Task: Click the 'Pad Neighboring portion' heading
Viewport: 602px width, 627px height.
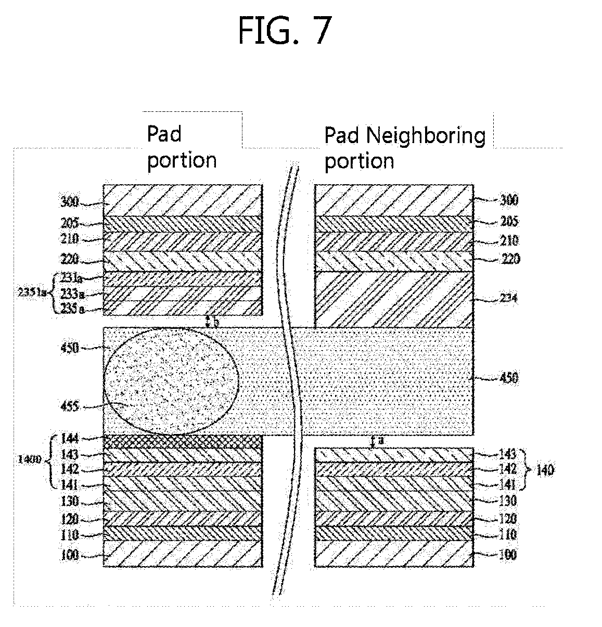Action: pyautogui.click(x=404, y=148)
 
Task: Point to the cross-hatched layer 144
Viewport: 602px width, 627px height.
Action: pyautogui.click(x=182, y=441)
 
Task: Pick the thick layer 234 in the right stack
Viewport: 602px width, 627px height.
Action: pyautogui.click(x=394, y=299)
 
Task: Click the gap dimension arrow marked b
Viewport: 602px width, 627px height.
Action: pyautogui.click(x=208, y=321)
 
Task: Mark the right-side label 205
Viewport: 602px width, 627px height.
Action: pyautogui.click(x=508, y=221)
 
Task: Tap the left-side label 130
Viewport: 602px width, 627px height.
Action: pyautogui.click(x=69, y=501)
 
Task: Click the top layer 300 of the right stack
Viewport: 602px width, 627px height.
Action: pyautogui.click(x=394, y=200)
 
